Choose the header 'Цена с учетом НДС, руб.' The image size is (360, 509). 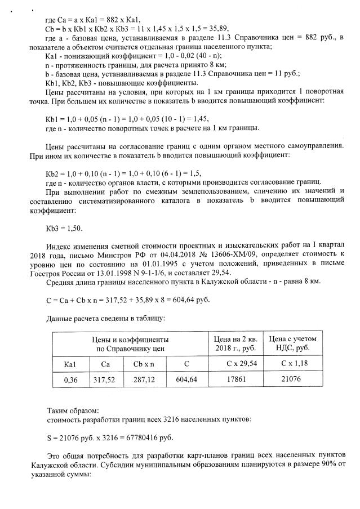(x=293, y=343)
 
